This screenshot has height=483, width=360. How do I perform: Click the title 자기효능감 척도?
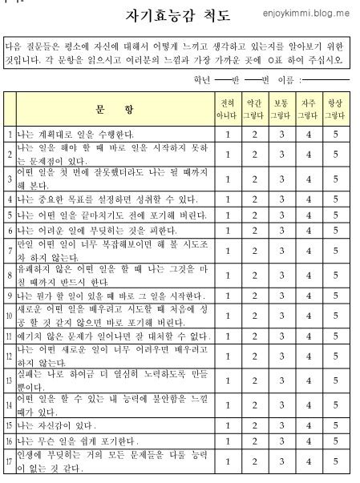click(178, 15)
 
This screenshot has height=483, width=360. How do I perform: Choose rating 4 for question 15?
click(308, 424)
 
